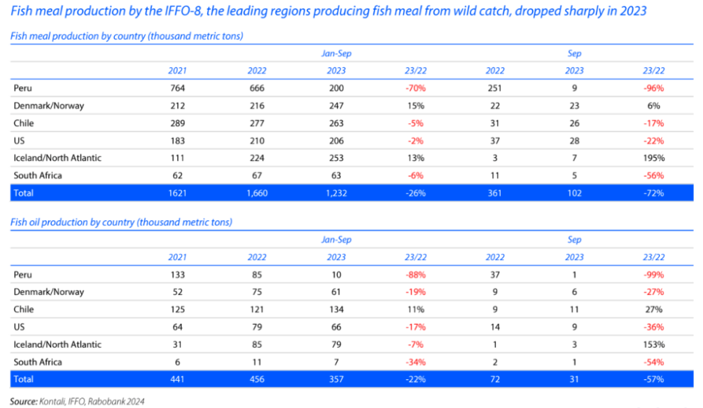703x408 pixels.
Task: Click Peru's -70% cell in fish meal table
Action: pos(415,88)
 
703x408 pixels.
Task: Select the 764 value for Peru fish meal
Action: pos(177,88)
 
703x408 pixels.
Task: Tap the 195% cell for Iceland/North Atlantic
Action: pos(654,158)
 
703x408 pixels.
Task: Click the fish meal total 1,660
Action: pos(257,193)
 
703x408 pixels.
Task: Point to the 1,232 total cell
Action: pos(336,193)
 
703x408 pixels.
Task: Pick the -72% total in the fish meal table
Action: pos(654,193)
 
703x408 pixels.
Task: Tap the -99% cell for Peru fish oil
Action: pos(654,275)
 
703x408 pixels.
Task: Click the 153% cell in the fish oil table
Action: pos(654,344)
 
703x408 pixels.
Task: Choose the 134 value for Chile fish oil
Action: pos(336,309)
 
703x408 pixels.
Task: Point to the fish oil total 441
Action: pos(177,379)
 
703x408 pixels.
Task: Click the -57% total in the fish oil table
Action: pos(654,379)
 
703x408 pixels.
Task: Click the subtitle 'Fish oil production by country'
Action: pos(121,222)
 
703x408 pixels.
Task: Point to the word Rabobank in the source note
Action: pos(108,401)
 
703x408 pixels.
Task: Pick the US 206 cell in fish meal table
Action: pos(336,140)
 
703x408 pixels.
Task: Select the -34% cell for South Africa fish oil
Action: pos(415,362)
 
